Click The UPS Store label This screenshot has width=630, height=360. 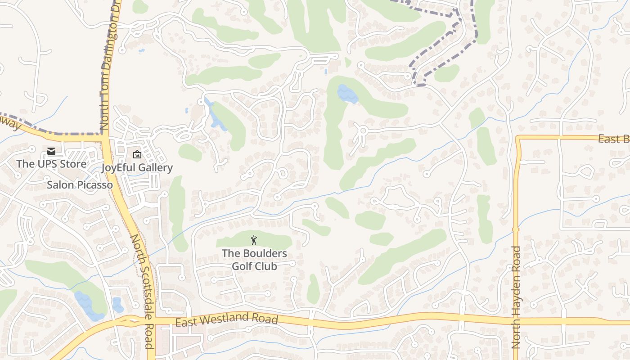pos(51,164)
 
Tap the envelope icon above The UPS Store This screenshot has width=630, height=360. pos(51,151)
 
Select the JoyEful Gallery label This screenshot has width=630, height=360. pos(137,168)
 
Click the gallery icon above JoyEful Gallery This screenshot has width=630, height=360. pos(137,155)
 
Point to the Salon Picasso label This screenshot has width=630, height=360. pos(80,185)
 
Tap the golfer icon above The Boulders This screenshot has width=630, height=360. pos(254,240)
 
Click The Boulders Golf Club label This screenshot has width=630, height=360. pos(254,260)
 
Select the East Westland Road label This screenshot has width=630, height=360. pos(226,320)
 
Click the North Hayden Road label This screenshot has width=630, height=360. pos(516,297)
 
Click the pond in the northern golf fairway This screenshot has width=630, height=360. pos(347,94)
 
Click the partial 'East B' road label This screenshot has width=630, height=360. pos(613,139)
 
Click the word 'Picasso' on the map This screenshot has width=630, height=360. pos(94,185)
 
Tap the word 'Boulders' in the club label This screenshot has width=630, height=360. pos(264,253)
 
